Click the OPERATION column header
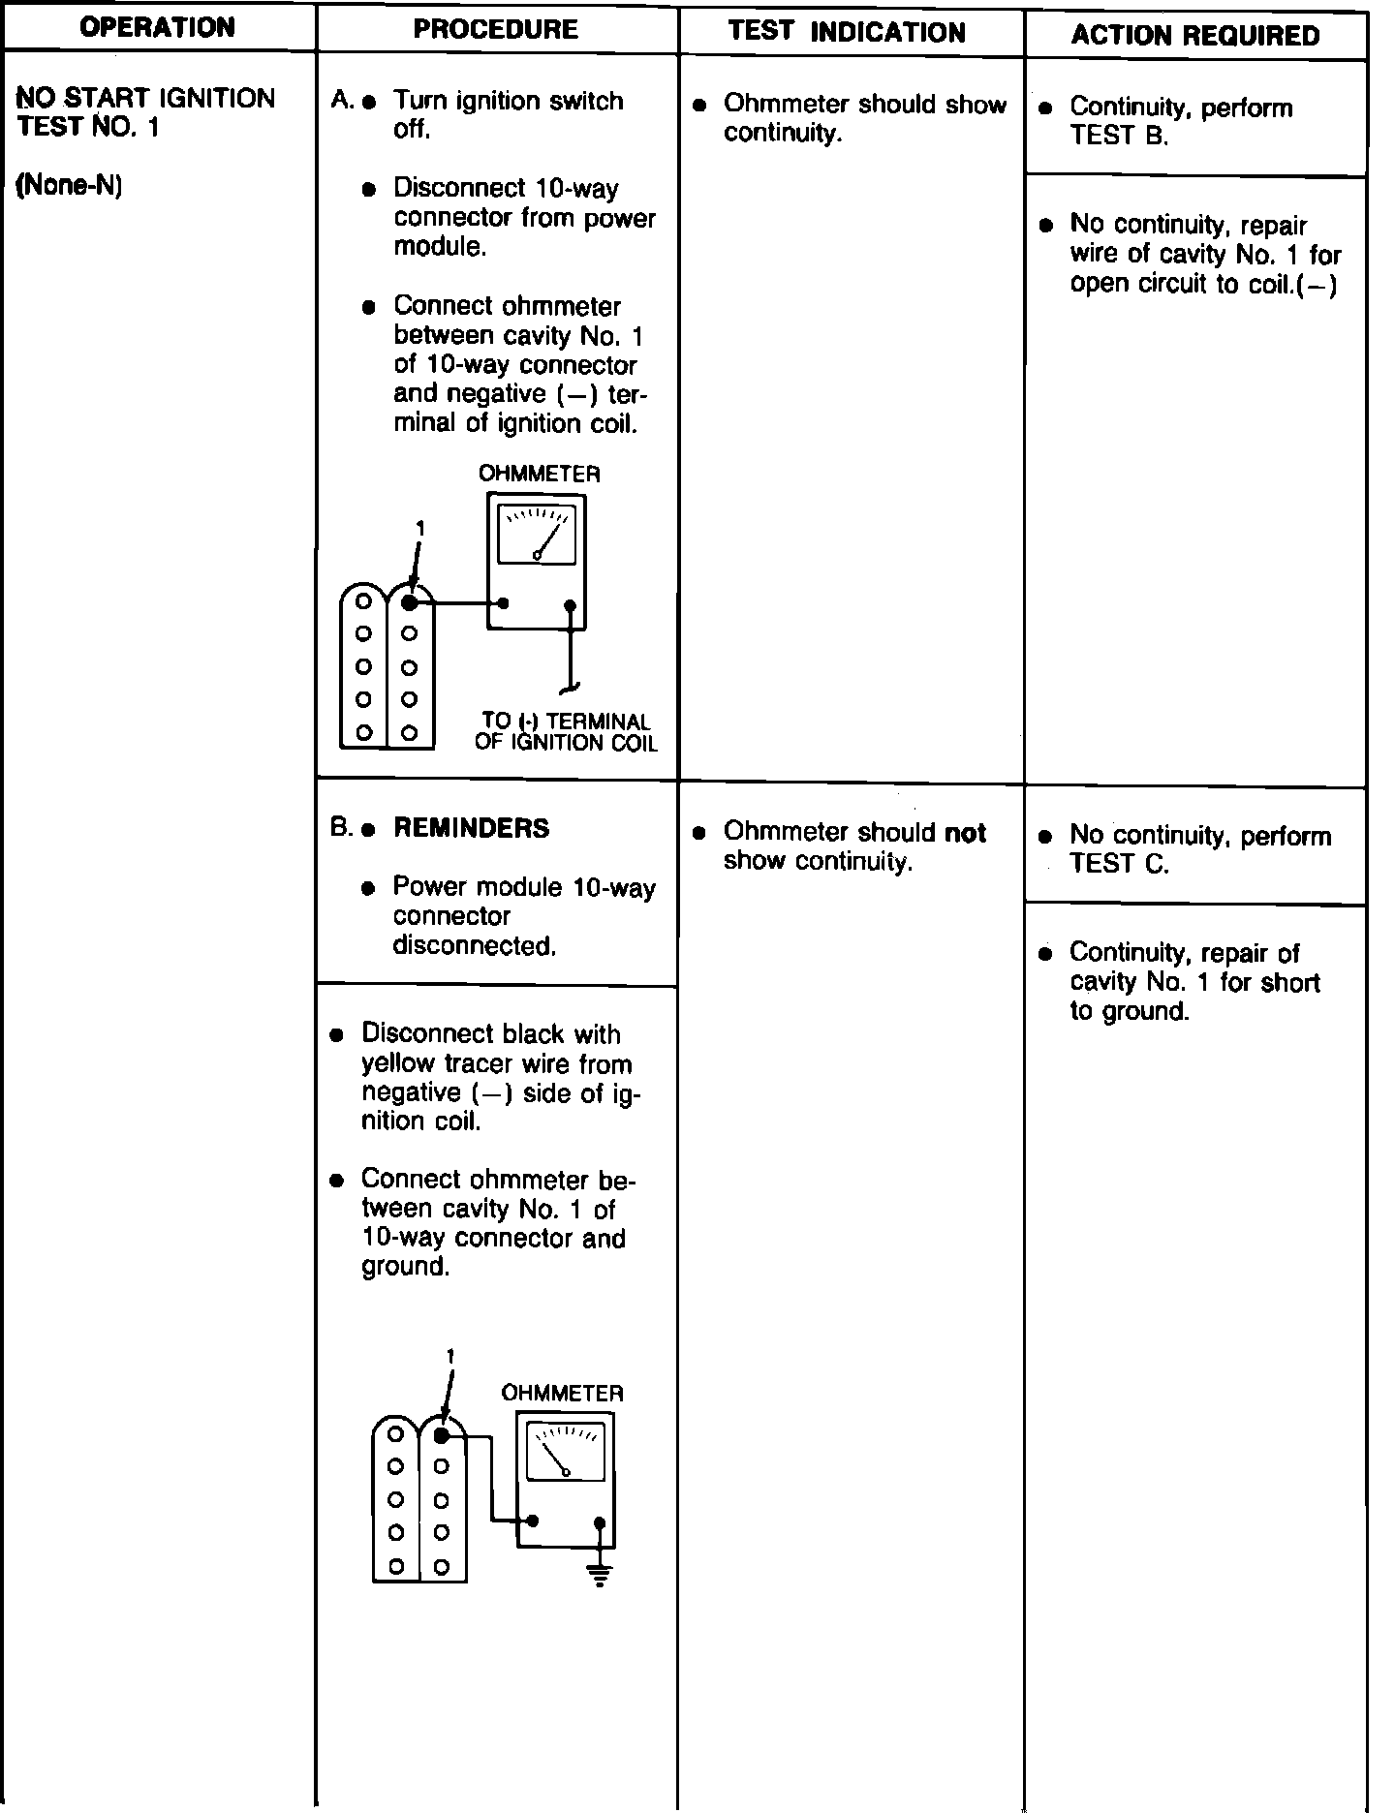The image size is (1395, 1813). click(x=157, y=27)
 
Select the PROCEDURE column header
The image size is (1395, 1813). click(x=496, y=29)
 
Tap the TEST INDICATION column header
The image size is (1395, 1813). click(x=847, y=32)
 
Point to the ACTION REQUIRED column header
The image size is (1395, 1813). click(x=1195, y=36)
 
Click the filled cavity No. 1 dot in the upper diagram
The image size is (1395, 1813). click(x=409, y=602)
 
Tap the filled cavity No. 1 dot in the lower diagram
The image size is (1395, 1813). click(x=441, y=1435)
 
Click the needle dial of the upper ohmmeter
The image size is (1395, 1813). click(x=536, y=534)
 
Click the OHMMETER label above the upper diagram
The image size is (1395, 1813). click(x=539, y=474)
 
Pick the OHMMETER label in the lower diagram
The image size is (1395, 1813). click(x=562, y=1393)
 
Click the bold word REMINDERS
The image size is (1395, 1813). click(x=471, y=828)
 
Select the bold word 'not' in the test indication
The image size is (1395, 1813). click(x=965, y=833)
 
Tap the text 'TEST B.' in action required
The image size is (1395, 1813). click(x=1119, y=137)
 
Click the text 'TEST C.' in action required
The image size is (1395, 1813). click(x=1119, y=864)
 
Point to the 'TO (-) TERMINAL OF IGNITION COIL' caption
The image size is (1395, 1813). click(x=566, y=732)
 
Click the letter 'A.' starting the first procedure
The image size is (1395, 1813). click(x=342, y=100)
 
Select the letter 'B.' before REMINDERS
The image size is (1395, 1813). click(x=342, y=828)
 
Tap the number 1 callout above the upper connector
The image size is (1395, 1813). click(x=419, y=528)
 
